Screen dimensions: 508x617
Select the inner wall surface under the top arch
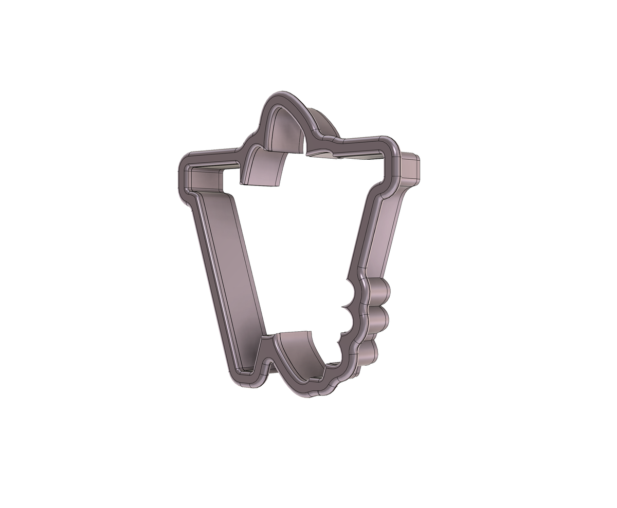tap(284, 131)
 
